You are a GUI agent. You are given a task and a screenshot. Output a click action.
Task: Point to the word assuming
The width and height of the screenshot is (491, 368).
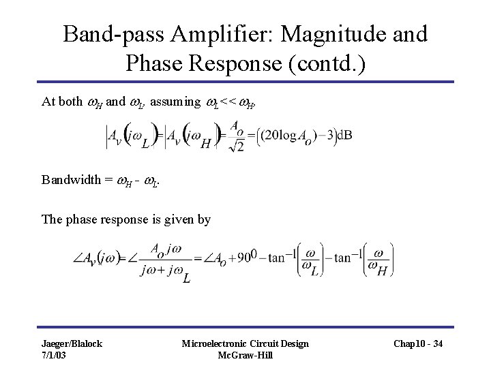[175, 102]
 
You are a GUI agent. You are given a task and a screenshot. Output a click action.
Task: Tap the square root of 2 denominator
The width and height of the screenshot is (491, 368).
[236, 144]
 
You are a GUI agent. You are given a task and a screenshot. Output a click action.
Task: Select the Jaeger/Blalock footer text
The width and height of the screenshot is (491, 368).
[72, 343]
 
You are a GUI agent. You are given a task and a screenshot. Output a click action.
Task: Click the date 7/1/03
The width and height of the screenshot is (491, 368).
[55, 355]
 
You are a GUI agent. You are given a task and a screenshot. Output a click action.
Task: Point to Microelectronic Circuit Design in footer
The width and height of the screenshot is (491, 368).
[245, 343]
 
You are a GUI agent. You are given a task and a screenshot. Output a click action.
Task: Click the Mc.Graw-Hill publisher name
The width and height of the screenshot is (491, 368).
[245, 355]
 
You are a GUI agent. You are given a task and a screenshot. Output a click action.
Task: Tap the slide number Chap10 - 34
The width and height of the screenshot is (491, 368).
[419, 344]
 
